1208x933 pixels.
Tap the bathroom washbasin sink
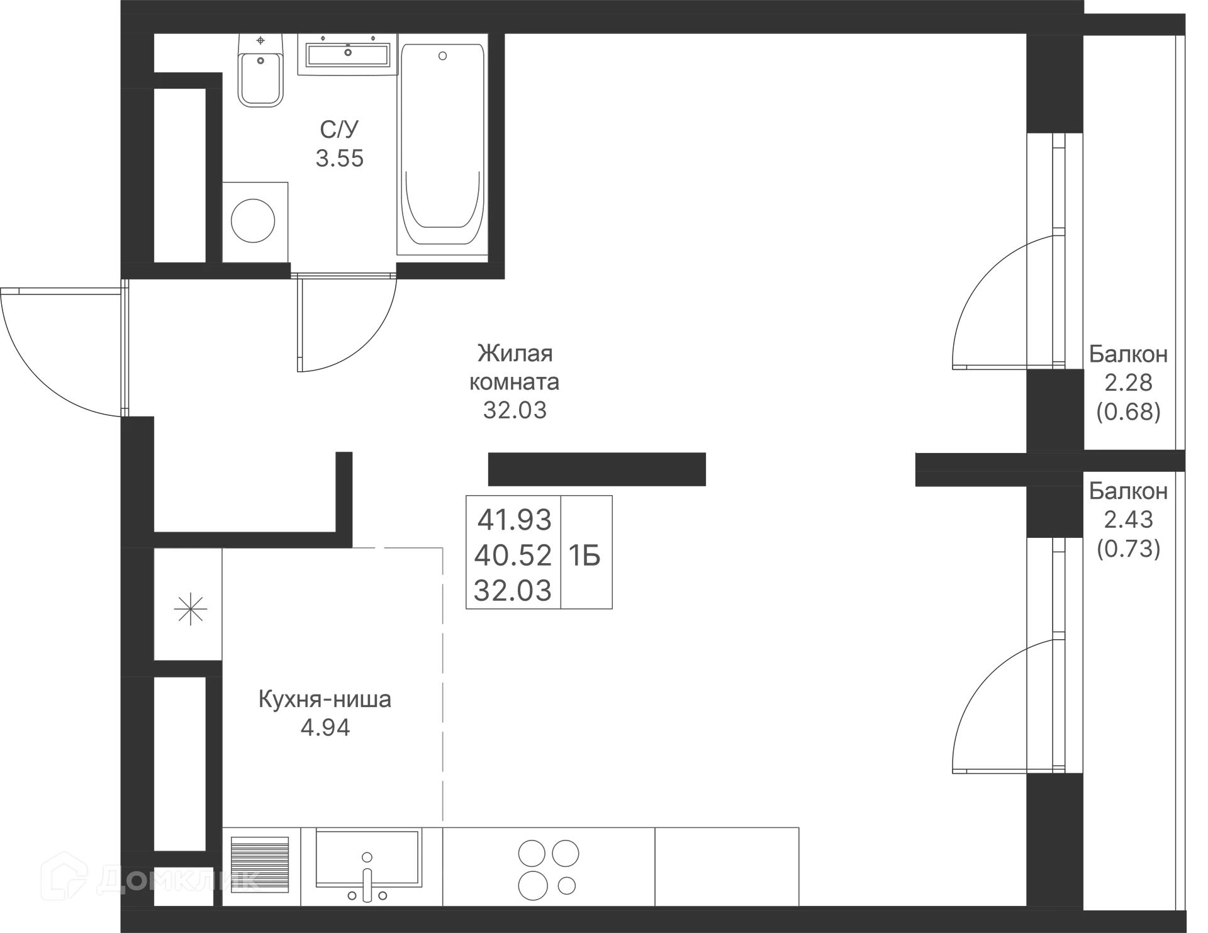coord(348,54)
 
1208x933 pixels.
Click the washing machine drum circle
coord(253,221)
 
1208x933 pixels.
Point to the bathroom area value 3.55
coord(340,159)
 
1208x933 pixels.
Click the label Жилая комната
coord(515,367)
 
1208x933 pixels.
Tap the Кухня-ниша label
coord(325,699)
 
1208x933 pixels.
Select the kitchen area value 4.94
coord(325,728)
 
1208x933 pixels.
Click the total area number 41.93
coord(515,520)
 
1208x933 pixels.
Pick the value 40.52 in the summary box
coord(513,555)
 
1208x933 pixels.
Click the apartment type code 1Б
coord(584,556)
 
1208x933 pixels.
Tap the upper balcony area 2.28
coord(1129,382)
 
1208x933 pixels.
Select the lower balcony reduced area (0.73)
coord(1129,549)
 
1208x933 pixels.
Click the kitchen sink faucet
coord(367,876)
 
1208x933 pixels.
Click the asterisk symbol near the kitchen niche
coord(190,610)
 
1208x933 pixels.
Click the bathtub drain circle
coord(442,56)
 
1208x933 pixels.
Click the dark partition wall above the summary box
coord(597,469)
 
